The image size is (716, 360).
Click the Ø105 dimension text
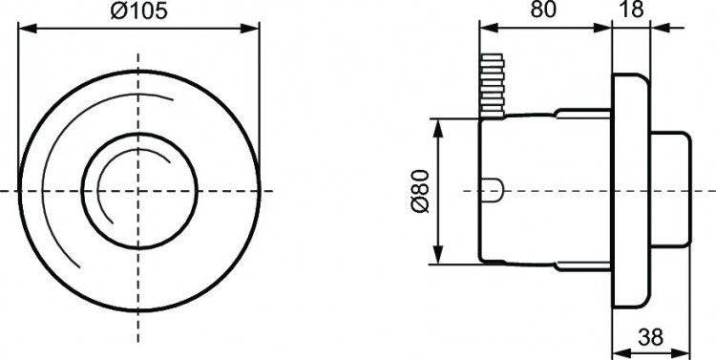pyautogui.click(x=138, y=12)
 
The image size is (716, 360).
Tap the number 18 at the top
pyautogui.click(x=631, y=11)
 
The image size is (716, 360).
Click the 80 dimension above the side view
pyautogui.click(x=543, y=11)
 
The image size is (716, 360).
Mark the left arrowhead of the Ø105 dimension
pyautogui.click(x=24, y=29)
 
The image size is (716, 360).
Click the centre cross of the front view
pyautogui.click(x=138, y=190)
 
